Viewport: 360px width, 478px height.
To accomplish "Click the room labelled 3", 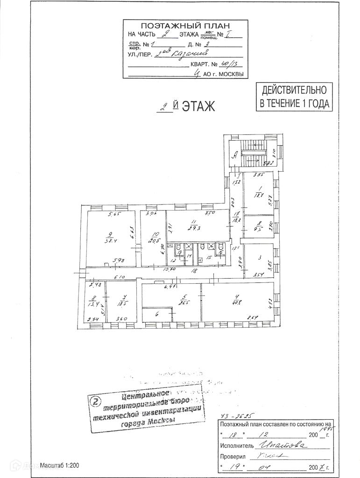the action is (259, 257).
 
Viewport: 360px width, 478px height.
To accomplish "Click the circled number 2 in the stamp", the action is (95, 401).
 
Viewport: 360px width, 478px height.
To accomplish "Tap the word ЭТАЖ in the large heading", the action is (198, 106).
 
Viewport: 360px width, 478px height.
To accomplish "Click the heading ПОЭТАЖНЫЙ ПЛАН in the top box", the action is (185, 26).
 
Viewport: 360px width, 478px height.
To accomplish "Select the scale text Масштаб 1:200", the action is (59, 465).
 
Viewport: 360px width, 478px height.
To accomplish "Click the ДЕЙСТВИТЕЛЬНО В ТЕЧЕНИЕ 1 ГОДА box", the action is (295, 97).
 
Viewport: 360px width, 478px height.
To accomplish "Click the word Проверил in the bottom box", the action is (233, 457).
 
